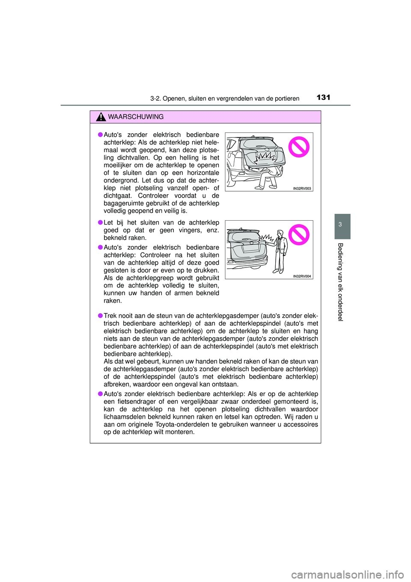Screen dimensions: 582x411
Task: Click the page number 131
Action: click(x=323, y=97)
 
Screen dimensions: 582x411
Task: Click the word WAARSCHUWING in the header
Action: click(x=136, y=117)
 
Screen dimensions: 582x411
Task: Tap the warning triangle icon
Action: click(x=101, y=117)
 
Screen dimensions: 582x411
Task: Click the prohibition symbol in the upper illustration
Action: click(x=298, y=147)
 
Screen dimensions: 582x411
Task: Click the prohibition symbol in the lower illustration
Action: click(x=298, y=235)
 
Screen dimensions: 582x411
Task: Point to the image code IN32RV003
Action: click(x=302, y=189)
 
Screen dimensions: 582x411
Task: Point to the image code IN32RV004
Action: click(x=302, y=276)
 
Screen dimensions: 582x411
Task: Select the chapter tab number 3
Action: click(x=340, y=225)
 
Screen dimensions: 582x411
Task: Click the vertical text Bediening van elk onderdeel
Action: click(x=340, y=282)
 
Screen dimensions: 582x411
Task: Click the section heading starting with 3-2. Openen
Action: click(x=225, y=99)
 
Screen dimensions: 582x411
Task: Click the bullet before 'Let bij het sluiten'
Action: click(x=100, y=222)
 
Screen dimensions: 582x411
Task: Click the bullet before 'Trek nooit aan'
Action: click(x=100, y=316)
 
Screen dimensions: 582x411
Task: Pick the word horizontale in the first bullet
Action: click(x=203, y=173)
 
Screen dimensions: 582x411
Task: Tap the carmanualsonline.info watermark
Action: click(x=347, y=574)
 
